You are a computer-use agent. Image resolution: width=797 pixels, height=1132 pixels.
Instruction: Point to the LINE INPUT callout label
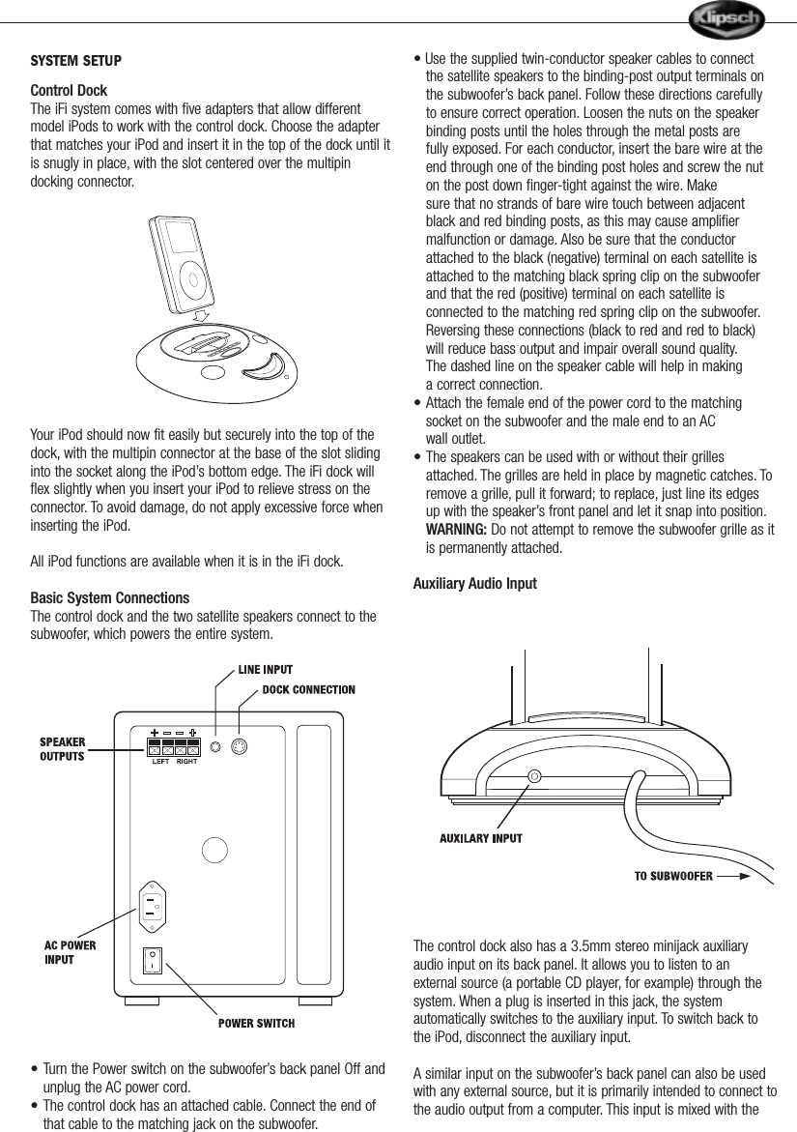coord(266,669)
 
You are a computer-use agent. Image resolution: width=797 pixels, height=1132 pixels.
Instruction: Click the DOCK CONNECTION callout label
coord(309,690)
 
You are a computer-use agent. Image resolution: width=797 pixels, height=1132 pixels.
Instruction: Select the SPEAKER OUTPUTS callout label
coord(62,749)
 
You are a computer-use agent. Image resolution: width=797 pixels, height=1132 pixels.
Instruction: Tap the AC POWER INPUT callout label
coord(71,952)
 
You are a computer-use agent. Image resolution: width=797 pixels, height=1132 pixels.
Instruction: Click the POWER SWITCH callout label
coord(256,1023)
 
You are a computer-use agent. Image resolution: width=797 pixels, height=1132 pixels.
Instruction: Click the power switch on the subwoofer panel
coord(152,961)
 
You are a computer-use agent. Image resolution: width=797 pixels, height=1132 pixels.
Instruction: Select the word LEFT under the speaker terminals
coord(161,761)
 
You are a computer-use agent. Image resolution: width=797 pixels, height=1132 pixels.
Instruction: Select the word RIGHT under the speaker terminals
coord(188,761)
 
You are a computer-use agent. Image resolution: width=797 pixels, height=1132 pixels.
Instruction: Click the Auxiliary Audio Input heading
coord(474,584)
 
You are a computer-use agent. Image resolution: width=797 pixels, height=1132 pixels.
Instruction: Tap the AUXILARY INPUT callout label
coord(481,838)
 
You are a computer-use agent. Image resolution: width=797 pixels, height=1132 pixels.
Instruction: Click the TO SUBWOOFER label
coord(673,877)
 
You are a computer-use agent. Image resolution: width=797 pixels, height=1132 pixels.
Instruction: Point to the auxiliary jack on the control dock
coord(534,775)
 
